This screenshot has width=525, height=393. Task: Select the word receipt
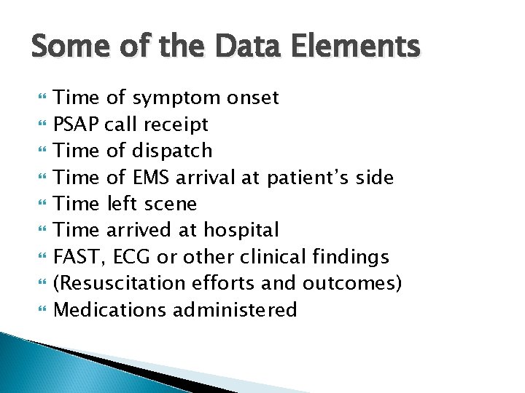point(177,125)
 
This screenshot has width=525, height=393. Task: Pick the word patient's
point(316,178)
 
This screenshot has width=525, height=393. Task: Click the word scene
point(171,204)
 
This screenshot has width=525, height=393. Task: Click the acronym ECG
point(133,257)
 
